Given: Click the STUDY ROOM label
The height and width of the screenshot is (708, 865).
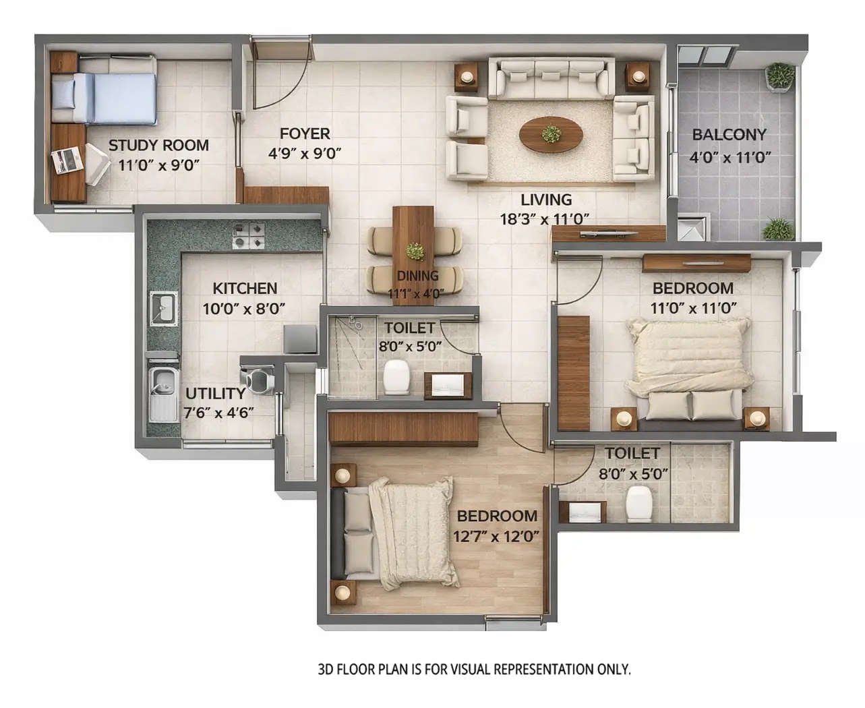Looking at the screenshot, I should tap(158, 145).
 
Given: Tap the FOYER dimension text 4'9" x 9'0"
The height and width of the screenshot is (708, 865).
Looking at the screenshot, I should tap(305, 153).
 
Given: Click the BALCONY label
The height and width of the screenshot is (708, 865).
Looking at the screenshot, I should tap(729, 134).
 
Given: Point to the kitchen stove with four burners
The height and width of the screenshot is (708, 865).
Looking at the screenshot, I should tap(249, 235).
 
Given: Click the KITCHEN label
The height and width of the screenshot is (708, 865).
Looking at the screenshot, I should tap(245, 288).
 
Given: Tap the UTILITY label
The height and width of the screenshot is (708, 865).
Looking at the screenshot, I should tap(215, 393).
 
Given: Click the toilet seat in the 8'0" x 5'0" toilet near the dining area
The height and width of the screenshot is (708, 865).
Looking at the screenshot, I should tap(397, 377).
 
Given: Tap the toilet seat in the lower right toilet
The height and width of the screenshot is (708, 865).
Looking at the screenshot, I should tap(638, 504).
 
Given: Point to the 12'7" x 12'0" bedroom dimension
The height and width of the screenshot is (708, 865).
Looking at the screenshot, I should tap(497, 537).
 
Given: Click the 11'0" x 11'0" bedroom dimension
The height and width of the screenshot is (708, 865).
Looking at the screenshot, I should tap(693, 308).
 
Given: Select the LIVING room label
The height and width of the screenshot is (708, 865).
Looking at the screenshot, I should tap(545, 200).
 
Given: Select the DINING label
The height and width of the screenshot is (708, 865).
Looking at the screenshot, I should tap(417, 276).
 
